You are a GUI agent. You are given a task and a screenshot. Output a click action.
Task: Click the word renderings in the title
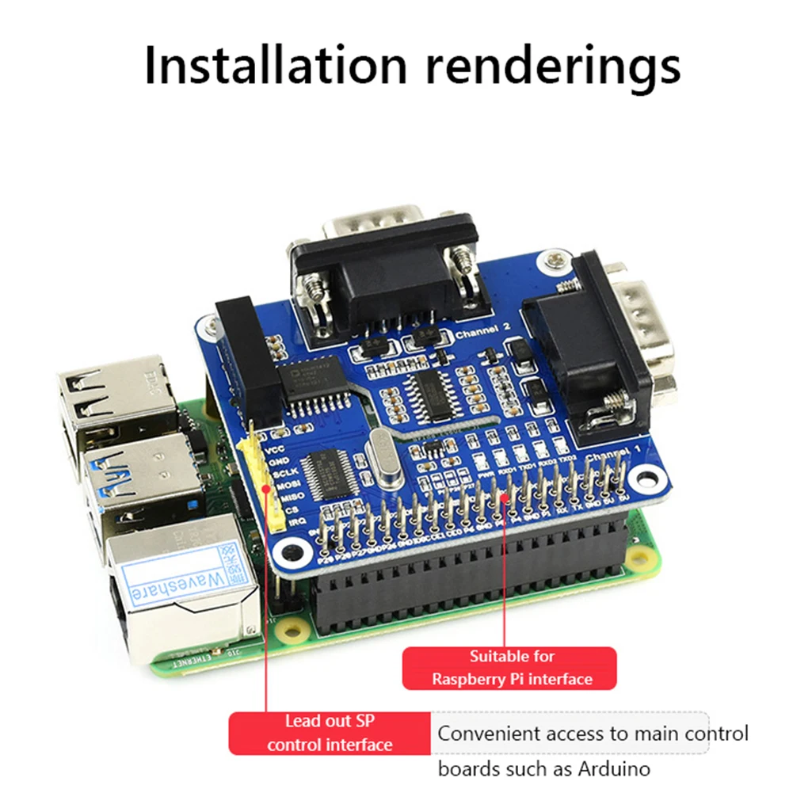(x=552, y=67)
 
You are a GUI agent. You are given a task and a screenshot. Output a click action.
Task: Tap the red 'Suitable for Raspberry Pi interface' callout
(x=509, y=668)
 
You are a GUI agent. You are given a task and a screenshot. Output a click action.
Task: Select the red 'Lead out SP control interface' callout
(x=330, y=733)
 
